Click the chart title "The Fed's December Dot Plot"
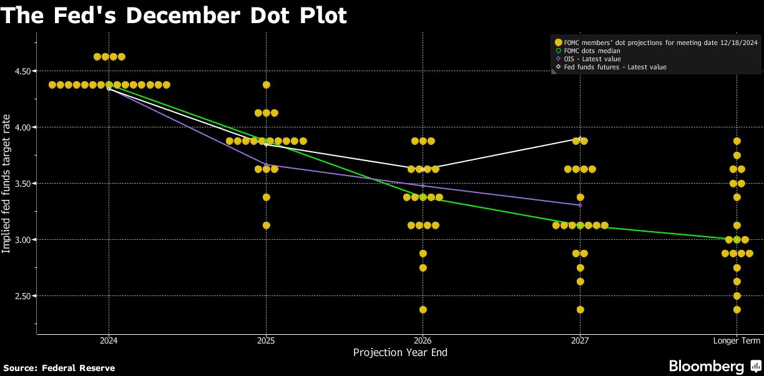(174, 15)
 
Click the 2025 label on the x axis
(266, 340)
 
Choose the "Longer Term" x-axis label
(737, 340)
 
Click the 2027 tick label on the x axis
(580, 340)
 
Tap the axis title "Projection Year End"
(400, 352)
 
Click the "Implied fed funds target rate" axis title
(6, 184)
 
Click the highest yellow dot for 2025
(267, 85)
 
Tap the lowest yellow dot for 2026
(423, 310)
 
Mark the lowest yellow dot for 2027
(580, 310)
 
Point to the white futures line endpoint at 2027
(580, 139)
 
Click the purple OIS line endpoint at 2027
(580, 205)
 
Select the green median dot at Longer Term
(737, 240)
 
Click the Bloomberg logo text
(707, 366)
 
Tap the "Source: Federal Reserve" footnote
(59, 369)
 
